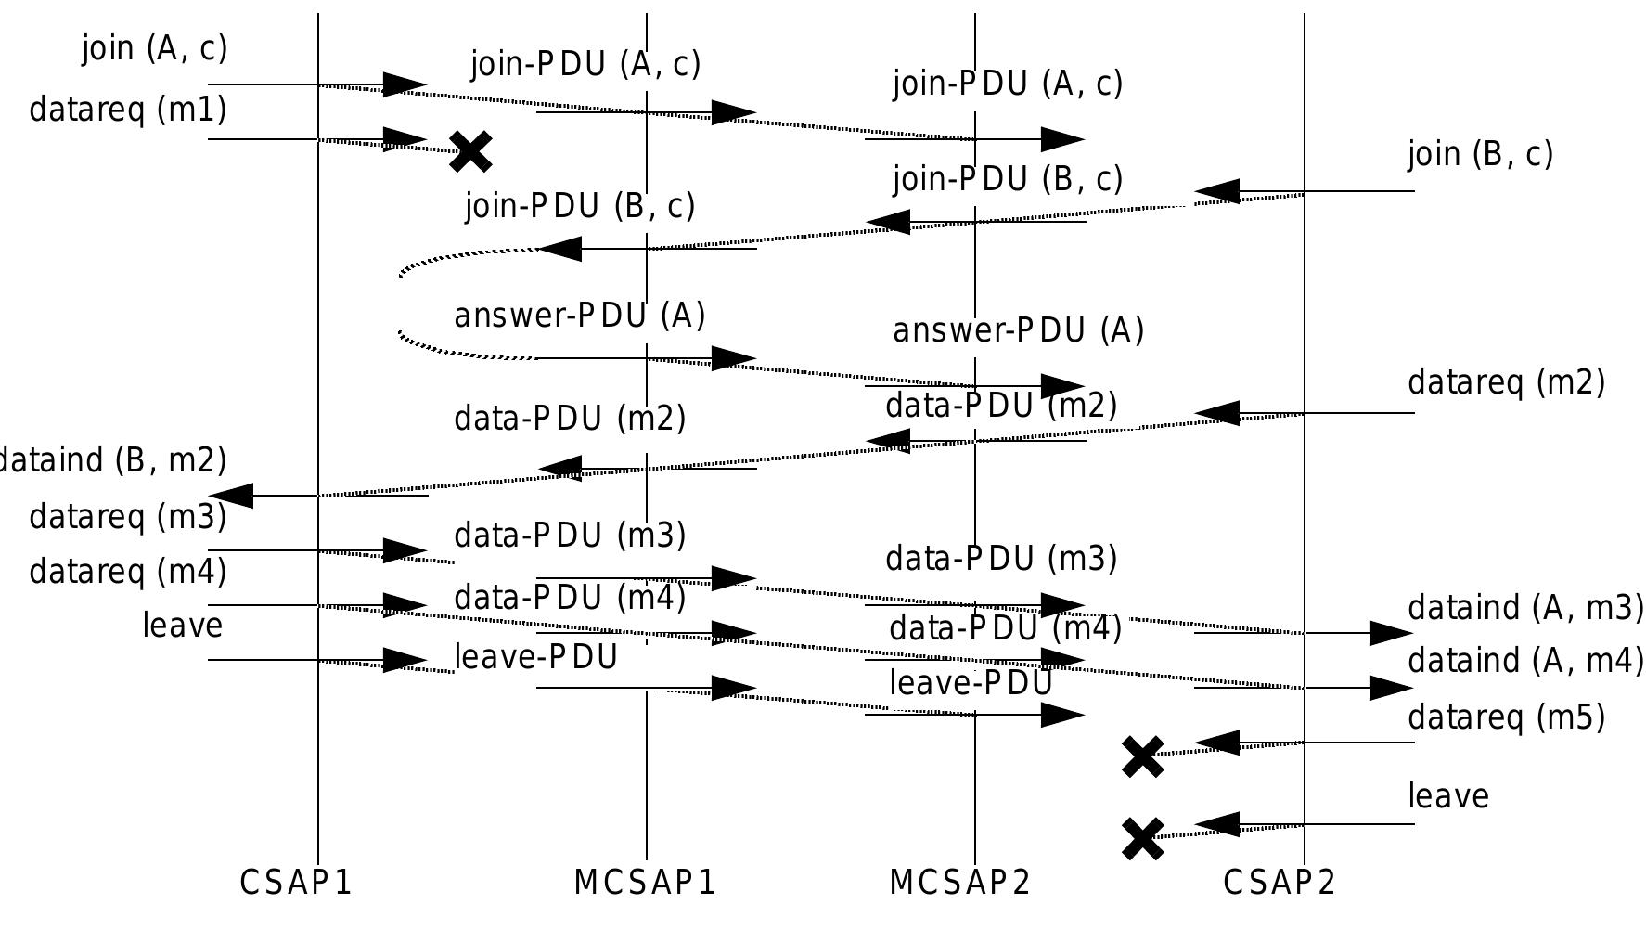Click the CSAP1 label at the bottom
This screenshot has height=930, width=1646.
(x=296, y=882)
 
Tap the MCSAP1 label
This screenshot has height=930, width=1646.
(x=645, y=882)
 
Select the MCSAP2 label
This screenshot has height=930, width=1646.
(x=959, y=882)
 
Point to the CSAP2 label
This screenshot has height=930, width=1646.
(x=1280, y=882)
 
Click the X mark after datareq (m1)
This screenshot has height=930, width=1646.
(x=470, y=151)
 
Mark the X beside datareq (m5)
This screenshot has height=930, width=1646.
(x=1143, y=756)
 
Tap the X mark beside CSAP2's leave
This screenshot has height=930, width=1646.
(x=1143, y=838)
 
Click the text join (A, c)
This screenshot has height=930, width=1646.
(x=154, y=47)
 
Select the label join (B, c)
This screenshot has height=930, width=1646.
(x=1480, y=153)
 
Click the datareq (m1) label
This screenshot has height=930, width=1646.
(x=128, y=110)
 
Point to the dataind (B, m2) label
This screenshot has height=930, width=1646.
(x=111, y=459)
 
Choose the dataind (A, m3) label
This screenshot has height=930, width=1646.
(x=1525, y=608)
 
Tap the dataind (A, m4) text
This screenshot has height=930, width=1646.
(x=1525, y=661)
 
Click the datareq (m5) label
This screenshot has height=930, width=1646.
(x=1506, y=717)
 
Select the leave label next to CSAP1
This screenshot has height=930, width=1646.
(x=183, y=625)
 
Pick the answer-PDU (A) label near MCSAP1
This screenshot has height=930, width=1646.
(x=579, y=316)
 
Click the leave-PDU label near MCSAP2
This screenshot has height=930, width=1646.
(x=971, y=683)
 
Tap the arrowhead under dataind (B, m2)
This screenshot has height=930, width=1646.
(x=232, y=496)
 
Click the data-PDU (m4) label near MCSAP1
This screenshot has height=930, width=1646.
(x=570, y=597)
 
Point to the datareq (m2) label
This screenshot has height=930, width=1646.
(x=1506, y=382)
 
